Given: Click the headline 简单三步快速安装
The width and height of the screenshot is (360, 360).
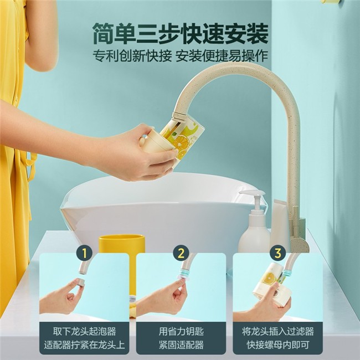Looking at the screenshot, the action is tap(180, 34).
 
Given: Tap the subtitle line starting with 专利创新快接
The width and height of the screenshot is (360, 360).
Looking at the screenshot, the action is tap(180, 56).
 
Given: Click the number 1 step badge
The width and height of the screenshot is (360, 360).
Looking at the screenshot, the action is tap(84, 254).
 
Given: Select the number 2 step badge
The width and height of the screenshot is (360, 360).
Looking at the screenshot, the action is tap(181, 254).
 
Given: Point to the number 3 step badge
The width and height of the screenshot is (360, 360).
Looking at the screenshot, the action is tap(278, 254).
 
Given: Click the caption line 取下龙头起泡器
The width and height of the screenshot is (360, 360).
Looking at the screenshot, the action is tap(85, 332).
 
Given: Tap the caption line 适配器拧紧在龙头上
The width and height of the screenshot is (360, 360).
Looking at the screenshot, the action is tap(85, 345).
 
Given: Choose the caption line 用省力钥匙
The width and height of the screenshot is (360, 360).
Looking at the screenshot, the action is tap(181, 332).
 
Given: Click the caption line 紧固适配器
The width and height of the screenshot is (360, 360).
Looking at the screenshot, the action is tap(181, 345).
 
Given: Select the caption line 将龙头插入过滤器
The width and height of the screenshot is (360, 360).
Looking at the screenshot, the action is tap(278, 332).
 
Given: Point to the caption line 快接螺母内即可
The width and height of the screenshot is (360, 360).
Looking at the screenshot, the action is tap(278, 345).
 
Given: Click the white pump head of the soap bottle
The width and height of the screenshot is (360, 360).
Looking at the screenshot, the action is tap(252, 195).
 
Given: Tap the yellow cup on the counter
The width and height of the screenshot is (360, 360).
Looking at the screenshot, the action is tap(122, 244).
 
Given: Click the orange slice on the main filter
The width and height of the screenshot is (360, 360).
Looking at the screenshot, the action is tap(180, 143).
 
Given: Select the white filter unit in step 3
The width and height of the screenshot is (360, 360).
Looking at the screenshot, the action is tap(270, 285).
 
